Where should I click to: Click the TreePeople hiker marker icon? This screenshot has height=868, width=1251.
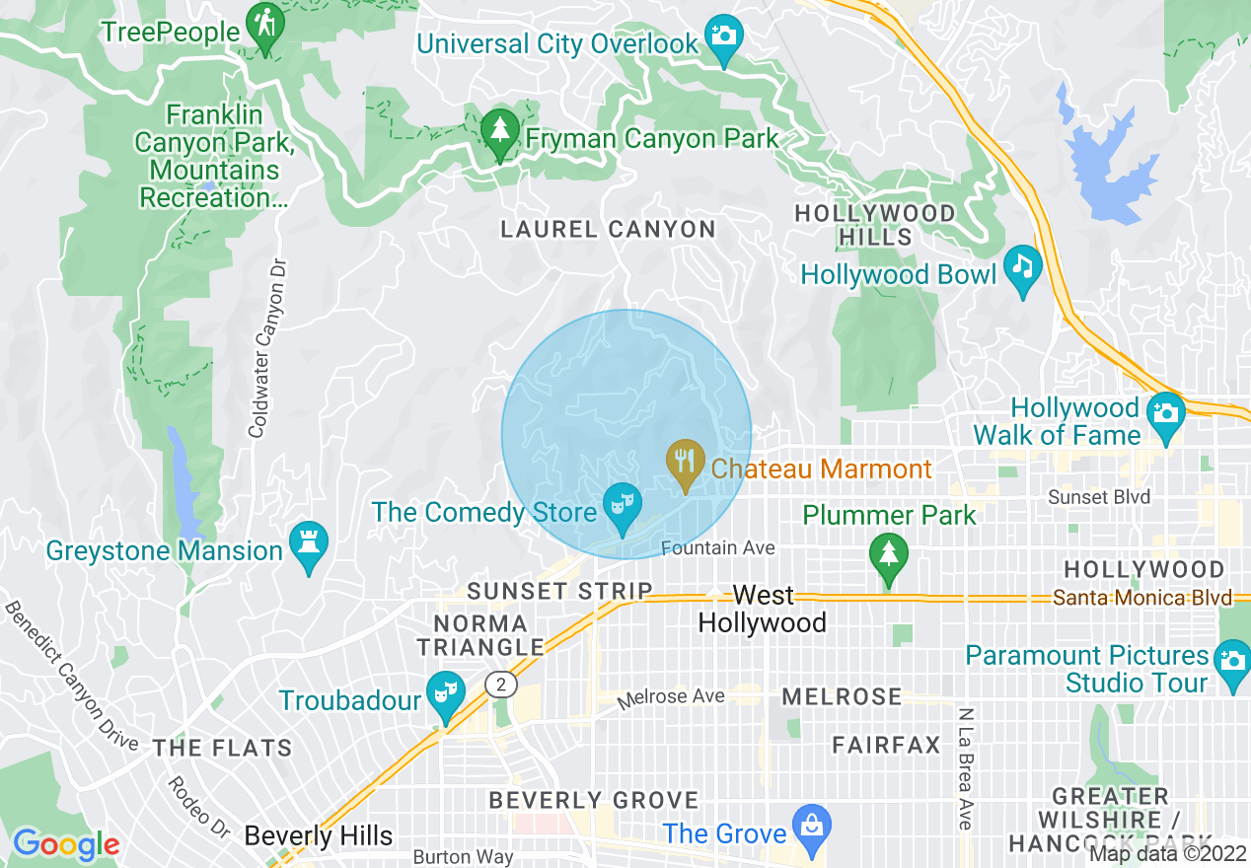coord(265,28)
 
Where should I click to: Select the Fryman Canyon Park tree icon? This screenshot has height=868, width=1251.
coord(500,133)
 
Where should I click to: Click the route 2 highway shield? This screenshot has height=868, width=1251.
coord(501,685)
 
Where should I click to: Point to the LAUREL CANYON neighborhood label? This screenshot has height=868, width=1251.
coord(608,230)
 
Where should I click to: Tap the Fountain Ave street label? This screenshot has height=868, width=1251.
coord(718,547)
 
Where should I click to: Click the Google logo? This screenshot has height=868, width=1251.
coord(65,844)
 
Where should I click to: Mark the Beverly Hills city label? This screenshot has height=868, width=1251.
coord(318,835)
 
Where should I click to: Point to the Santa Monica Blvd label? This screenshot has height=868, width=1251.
coord(1141,598)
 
